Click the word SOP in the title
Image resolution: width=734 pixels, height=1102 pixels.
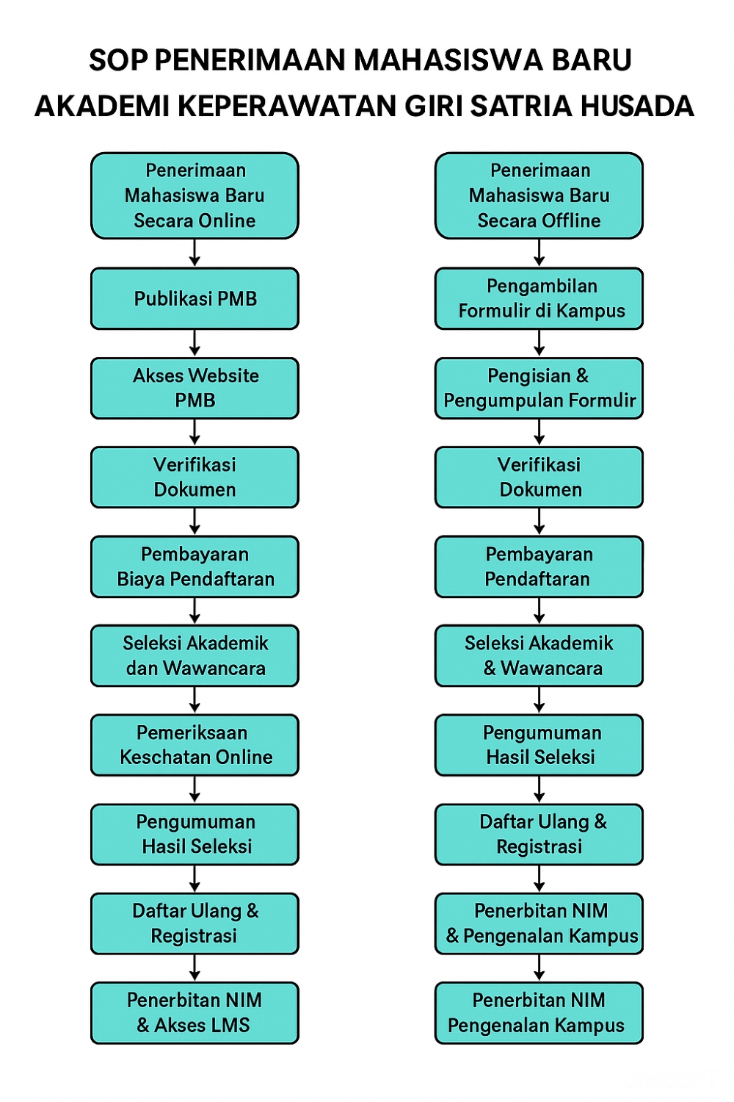(120, 60)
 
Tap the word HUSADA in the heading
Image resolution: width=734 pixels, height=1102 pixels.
(636, 107)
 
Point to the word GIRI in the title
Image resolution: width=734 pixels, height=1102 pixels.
(434, 107)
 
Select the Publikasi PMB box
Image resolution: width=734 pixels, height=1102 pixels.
(195, 299)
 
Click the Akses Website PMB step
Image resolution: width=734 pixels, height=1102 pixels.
(195, 388)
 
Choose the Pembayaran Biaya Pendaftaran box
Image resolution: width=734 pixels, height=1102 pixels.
(195, 566)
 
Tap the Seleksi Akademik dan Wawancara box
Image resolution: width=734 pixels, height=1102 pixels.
(195, 655)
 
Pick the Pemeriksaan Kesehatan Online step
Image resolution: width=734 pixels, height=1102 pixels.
(195, 745)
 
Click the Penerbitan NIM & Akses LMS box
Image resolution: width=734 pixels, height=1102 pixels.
(195, 1012)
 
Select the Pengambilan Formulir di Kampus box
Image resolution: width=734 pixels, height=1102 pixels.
(539, 298)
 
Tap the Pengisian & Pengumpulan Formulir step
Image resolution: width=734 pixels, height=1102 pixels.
(539, 388)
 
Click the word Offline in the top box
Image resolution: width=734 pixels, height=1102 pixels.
(571, 221)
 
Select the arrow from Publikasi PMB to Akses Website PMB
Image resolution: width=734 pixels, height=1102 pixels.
(195, 343)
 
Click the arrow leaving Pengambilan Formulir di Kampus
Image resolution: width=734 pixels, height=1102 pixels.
(539, 343)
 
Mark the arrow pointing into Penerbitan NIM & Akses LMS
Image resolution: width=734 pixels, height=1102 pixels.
(195, 968)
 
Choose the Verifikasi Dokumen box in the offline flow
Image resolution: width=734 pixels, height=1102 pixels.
(539, 477)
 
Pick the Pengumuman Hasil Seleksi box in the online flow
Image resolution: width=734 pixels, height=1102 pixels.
(195, 834)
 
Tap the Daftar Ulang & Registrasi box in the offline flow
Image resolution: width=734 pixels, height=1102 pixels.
(539, 834)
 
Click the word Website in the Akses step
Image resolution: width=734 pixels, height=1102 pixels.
(217, 376)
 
